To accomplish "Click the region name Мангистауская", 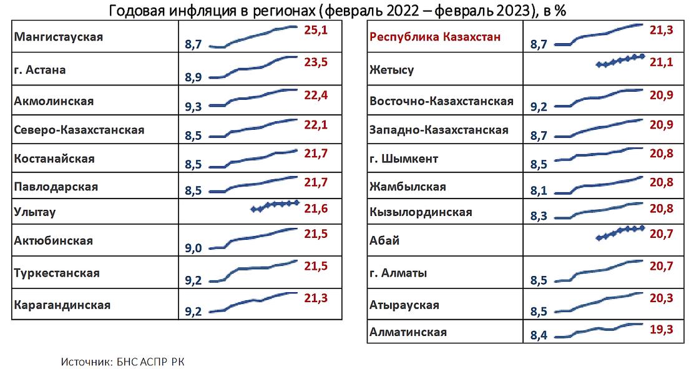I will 58,36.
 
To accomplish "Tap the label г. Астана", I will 40,70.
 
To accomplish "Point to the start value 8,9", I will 194,77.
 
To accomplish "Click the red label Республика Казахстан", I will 435,37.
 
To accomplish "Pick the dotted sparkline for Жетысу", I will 620,61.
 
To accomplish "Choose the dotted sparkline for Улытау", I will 275,205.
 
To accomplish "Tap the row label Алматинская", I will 408,332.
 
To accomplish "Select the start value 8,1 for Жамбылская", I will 539,191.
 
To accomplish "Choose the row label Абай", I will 384,240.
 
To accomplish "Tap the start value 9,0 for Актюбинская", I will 194,248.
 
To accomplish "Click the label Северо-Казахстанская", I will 79,130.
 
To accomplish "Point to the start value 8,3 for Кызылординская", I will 539,216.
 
